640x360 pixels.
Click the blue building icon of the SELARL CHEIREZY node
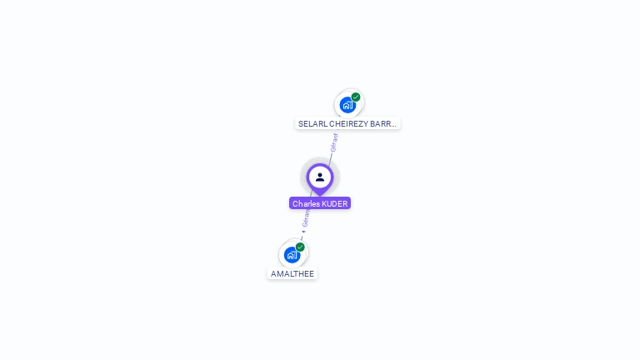[x=347, y=105]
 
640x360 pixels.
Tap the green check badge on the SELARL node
[x=356, y=97]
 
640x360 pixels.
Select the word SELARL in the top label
[x=312, y=123]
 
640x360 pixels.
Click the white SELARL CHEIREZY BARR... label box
[x=347, y=123]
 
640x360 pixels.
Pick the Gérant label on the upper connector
[x=334, y=142]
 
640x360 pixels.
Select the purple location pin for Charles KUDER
[x=320, y=177]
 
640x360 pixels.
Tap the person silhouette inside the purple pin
[x=320, y=177]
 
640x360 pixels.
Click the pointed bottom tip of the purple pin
[x=320, y=193]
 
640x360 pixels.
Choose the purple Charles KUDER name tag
[x=320, y=203]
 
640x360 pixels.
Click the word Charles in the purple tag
[x=306, y=203]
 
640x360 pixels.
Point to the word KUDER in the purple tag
[x=334, y=203]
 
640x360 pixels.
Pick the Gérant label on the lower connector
[x=306, y=219]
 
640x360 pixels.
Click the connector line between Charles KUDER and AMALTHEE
[x=309, y=212]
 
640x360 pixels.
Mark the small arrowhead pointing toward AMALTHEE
[x=303, y=232]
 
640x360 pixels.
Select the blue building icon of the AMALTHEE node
[x=292, y=255]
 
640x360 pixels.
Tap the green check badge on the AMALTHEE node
[x=300, y=247]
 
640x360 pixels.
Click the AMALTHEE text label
[x=292, y=273]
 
